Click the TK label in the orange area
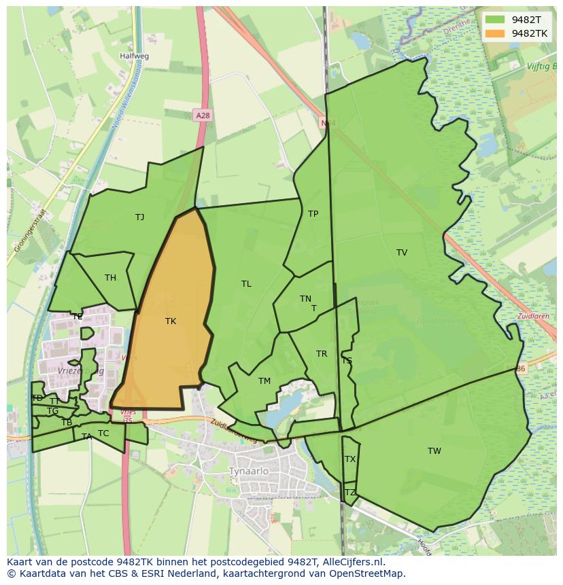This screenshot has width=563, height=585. (x=171, y=321)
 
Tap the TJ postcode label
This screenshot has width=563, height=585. (x=139, y=217)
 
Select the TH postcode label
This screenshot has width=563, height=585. (x=110, y=277)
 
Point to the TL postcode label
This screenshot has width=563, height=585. (x=246, y=284)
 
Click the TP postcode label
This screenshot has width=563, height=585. (x=313, y=214)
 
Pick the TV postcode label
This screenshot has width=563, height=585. (x=402, y=253)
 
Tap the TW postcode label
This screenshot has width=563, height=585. (x=434, y=451)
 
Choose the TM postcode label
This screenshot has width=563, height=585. (x=265, y=381)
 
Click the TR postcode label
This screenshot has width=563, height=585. (x=322, y=354)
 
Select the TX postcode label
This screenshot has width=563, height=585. (x=350, y=459)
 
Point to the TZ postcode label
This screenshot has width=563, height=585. (x=350, y=493)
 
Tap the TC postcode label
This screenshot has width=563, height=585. (x=103, y=433)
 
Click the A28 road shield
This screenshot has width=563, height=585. (x=202, y=116)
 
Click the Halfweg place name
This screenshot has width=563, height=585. (x=134, y=56)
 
